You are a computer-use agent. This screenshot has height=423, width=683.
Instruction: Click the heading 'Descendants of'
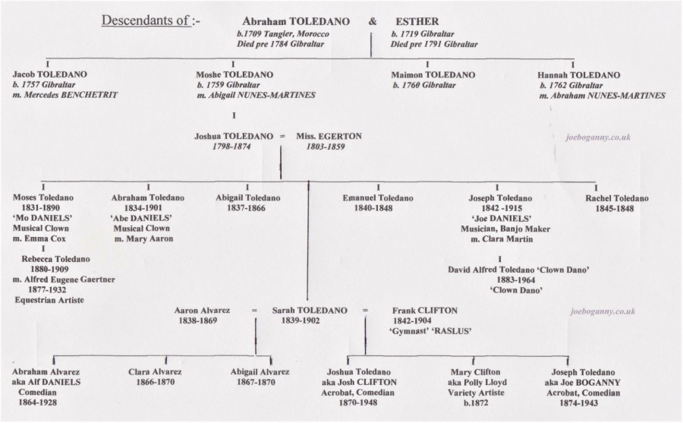pos(146,21)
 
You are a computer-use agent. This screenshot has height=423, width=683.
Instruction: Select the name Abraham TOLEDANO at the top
pos(296,21)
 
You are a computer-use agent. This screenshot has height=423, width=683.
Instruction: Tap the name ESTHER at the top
pos(417,21)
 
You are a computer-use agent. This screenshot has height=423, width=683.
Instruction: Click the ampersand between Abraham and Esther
pos(373,21)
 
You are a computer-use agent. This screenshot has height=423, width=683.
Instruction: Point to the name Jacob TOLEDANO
pos(49,74)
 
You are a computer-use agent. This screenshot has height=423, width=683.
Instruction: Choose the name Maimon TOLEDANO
pos(433,75)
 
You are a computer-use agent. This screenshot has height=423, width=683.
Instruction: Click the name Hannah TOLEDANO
pos(579,75)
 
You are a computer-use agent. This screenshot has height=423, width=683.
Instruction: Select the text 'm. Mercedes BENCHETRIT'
pos(65,95)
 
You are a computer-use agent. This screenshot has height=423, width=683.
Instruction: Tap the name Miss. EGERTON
pos(329,136)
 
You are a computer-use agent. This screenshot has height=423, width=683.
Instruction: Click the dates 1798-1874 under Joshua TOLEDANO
pos(231,147)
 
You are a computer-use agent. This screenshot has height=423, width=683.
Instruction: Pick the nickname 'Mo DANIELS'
pos(42,218)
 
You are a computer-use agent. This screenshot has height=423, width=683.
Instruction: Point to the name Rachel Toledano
pos(617,198)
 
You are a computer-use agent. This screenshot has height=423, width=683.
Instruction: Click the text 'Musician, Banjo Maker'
pos(505,229)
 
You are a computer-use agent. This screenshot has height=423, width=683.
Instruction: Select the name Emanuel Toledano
pos(378,198)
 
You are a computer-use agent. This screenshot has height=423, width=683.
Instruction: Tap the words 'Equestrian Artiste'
pos(49,300)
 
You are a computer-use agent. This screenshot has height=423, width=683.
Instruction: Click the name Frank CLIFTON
pos(425,311)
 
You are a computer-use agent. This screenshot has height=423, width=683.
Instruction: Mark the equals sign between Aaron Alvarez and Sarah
pos(254,311)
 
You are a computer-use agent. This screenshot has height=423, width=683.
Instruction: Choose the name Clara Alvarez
pos(155,372)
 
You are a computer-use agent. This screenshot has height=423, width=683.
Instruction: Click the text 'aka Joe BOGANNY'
pos(582,383)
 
